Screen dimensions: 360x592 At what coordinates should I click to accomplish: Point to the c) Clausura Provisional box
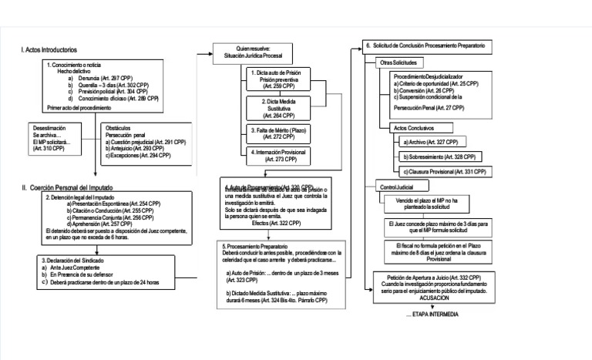(x=446, y=170)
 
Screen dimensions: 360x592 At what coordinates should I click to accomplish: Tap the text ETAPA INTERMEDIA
(x=431, y=315)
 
